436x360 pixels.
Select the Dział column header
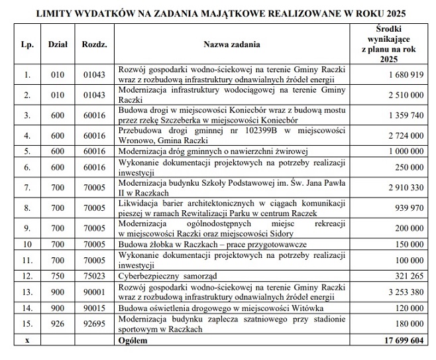pos(58,44)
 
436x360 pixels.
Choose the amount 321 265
pos(408,273)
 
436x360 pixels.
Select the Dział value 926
pos(58,323)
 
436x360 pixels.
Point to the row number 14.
pos(27,308)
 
